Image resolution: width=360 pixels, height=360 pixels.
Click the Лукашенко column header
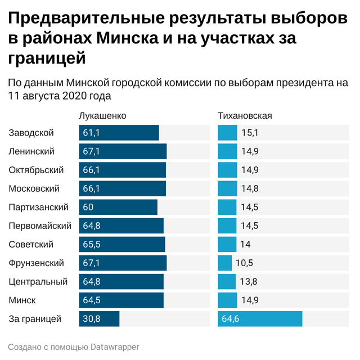tap(102, 116)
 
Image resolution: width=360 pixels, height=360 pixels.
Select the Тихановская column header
tap(245, 116)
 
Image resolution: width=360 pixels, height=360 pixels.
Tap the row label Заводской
tap(31, 133)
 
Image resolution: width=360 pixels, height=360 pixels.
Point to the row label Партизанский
tap(38, 207)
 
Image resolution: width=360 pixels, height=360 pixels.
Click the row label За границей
tap(34, 319)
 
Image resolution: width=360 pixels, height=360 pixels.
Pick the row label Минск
tap(22, 300)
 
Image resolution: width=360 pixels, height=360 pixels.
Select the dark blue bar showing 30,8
tap(99, 319)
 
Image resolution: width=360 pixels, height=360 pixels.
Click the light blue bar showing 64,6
tap(260, 319)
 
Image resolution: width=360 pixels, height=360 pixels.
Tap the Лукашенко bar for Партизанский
tap(118, 207)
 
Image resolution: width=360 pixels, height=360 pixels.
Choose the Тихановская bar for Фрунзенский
tap(224, 263)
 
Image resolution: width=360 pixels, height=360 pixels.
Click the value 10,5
tap(245, 263)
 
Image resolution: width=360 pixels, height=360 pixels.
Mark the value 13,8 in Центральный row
tap(249, 282)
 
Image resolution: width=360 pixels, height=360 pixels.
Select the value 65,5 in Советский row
tap(91, 244)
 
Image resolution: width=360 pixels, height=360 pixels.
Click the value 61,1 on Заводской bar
tap(91, 133)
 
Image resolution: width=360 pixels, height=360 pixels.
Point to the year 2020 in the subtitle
tap(74, 96)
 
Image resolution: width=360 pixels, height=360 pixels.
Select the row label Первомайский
tap(40, 226)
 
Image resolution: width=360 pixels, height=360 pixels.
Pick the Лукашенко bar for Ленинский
tap(123, 151)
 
